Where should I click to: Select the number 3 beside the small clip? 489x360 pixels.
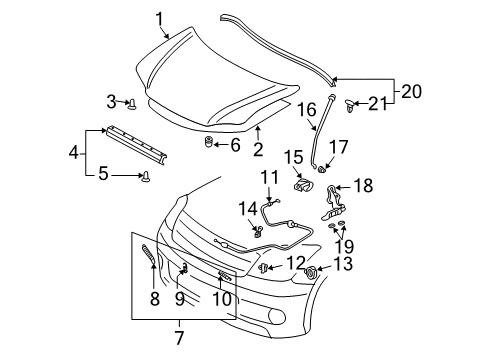pos(112,101)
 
